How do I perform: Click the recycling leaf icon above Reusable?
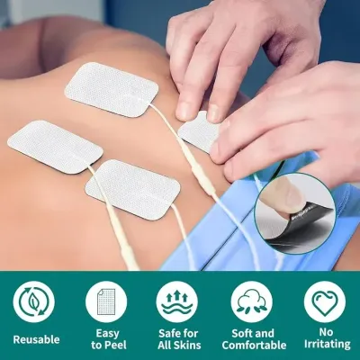pyautogui.click(x=34, y=301)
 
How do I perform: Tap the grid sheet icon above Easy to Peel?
pyautogui.click(x=106, y=301)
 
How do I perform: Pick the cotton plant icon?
pyautogui.click(x=252, y=301)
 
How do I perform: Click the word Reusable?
pyautogui.click(x=36, y=339)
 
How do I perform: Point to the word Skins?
pyautogui.click(x=188, y=346)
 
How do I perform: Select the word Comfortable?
pyautogui.click(x=255, y=346)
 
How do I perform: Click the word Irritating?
pyautogui.click(x=327, y=344)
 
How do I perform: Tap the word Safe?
pyautogui.click(x=169, y=333)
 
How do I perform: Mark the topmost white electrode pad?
pyautogui.click(x=112, y=89)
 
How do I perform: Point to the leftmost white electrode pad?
pyautogui.click(x=55, y=147)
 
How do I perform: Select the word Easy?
pyautogui.click(x=108, y=333)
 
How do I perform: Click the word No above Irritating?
pyautogui.click(x=326, y=332)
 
